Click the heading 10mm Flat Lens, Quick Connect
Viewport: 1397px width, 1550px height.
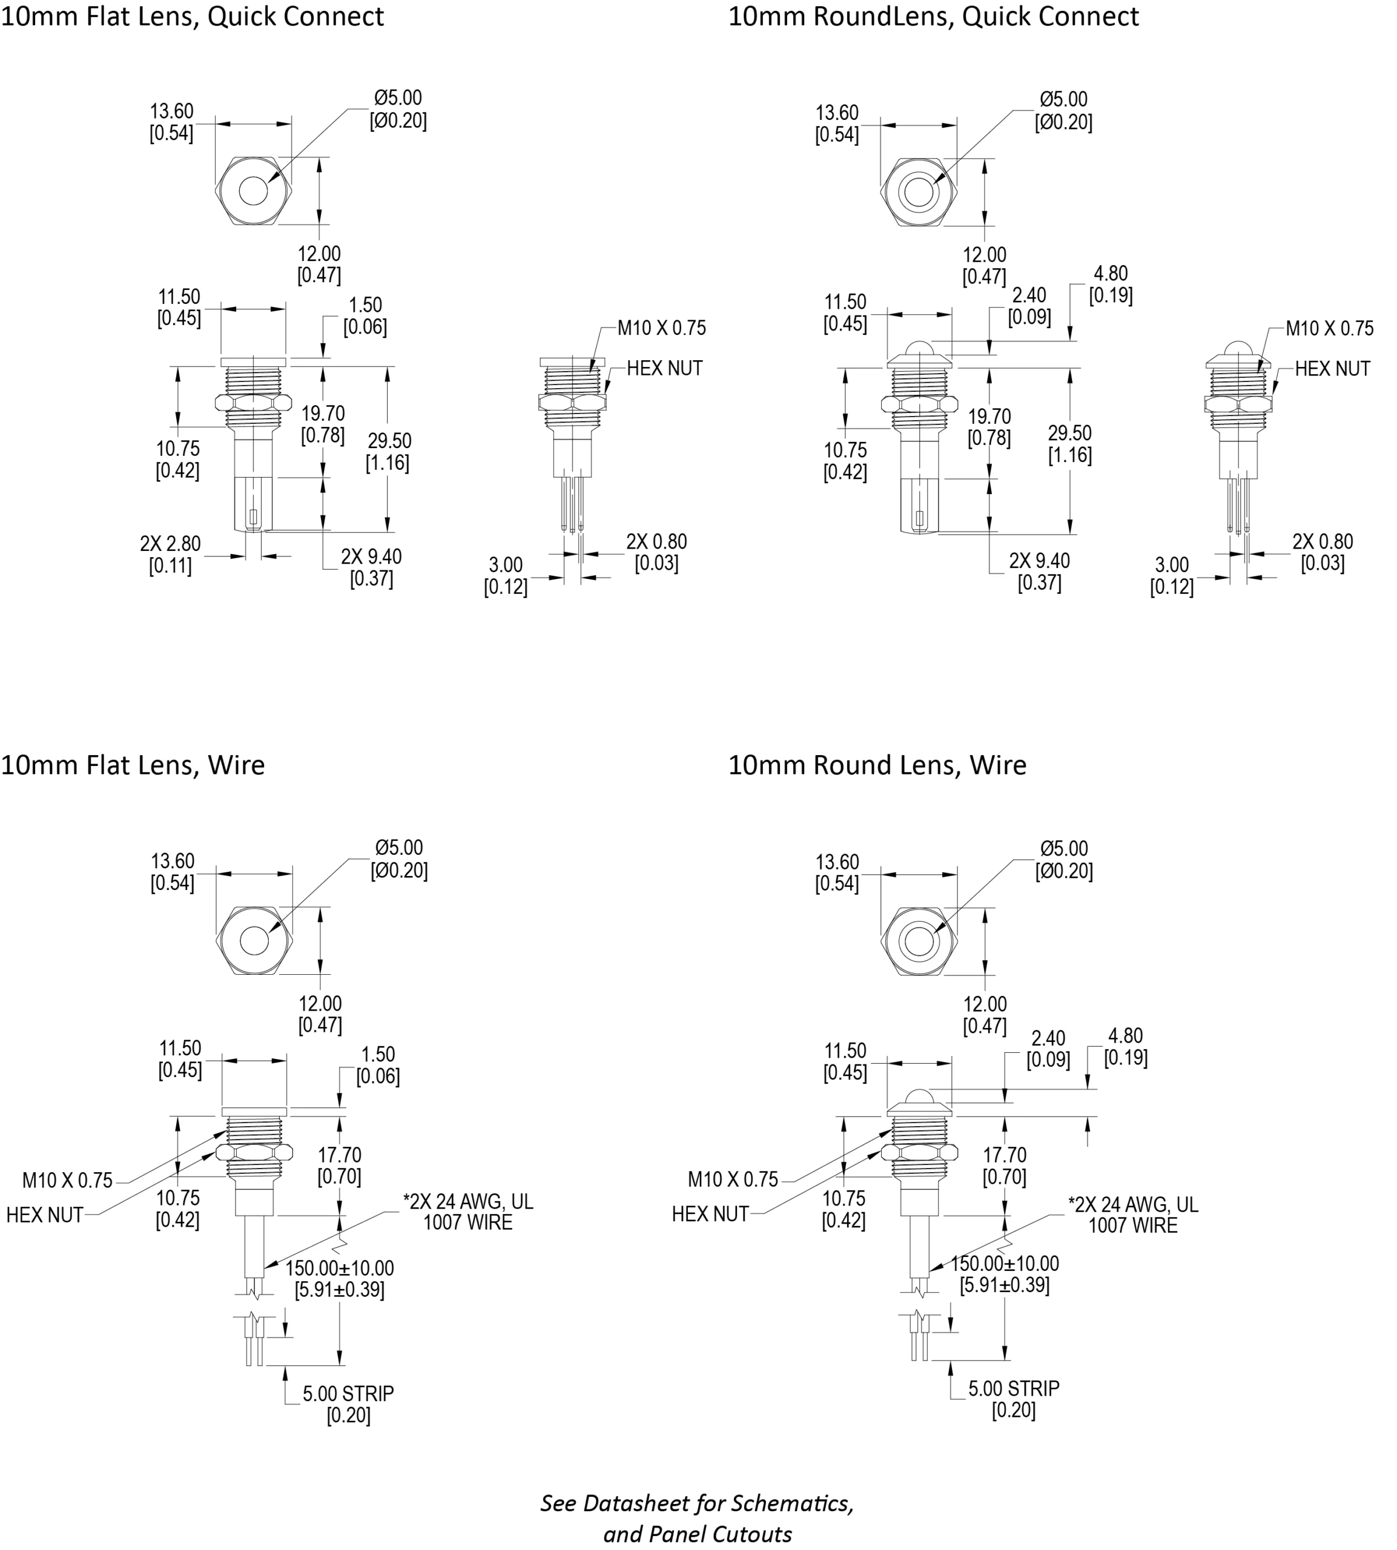coord(192,17)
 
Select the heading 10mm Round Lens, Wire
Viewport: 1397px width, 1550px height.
coord(877,765)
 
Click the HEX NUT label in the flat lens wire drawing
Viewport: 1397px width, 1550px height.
coord(45,1215)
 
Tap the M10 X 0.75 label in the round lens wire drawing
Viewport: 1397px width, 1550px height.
coord(732,1179)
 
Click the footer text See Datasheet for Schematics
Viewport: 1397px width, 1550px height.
coord(697,1503)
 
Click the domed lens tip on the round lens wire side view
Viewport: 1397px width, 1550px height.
coord(919,1097)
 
